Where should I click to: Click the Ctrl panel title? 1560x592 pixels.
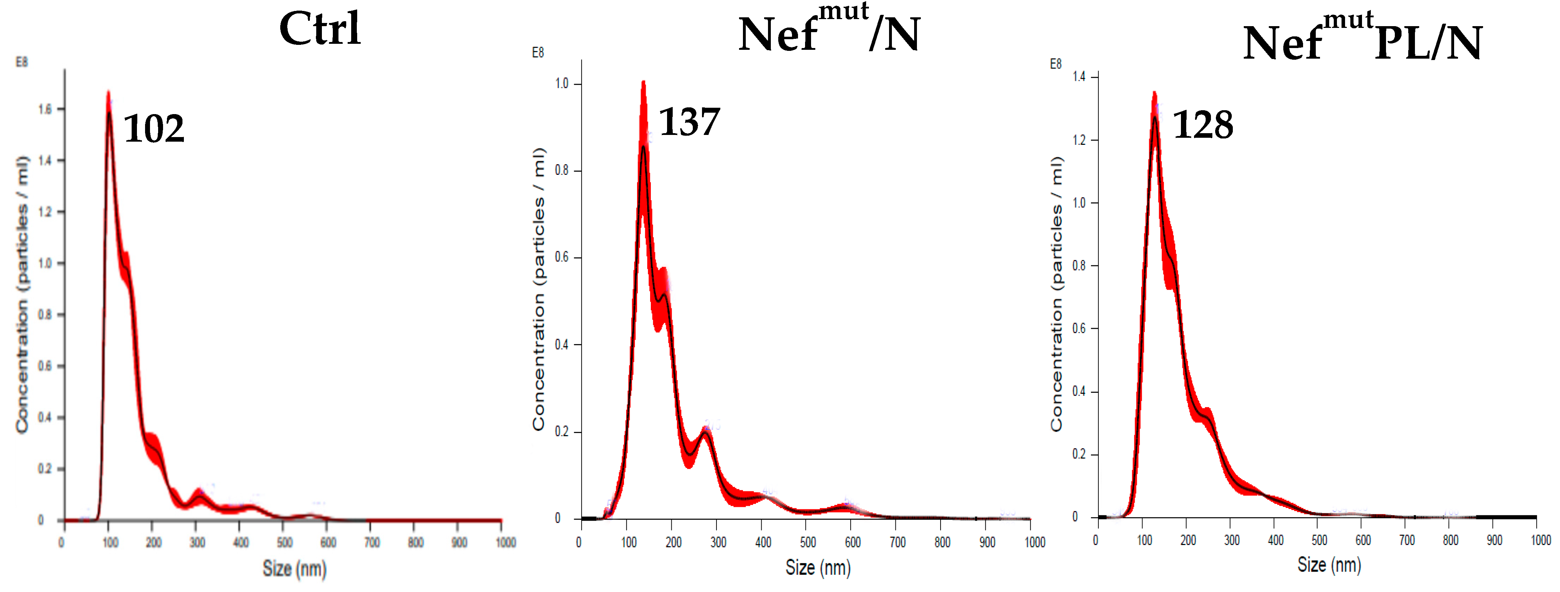(x=320, y=29)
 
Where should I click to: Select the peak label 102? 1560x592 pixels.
(x=154, y=129)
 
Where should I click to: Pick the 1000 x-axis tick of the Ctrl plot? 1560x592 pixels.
(x=506, y=542)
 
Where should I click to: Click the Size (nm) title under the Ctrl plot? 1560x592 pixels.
(x=294, y=568)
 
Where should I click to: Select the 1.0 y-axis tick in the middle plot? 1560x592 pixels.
(x=562, y=84)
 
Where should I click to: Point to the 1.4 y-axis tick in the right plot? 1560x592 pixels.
(x=1079, y=76)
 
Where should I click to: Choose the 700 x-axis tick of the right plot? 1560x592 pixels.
(x=1407, y=540)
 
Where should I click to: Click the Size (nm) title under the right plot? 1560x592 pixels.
(x=1329, y=565)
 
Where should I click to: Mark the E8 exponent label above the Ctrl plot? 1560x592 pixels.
(x=22, y=62)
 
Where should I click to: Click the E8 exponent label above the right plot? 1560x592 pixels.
(x=1056, y=64)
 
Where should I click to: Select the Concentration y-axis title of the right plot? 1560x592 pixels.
(x=1057, y=294)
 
